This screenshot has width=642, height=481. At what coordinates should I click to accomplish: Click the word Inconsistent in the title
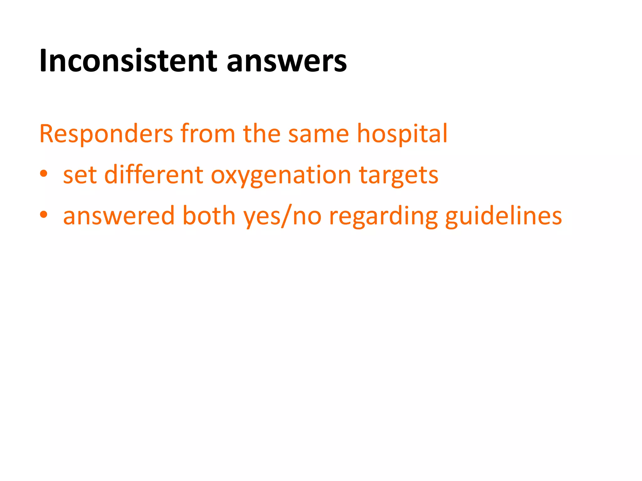point(128,61)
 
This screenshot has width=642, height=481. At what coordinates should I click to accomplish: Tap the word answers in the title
point(287,61)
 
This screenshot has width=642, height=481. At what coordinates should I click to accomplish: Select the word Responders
point(106,134)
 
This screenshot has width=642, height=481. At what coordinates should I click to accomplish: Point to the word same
point(318,134)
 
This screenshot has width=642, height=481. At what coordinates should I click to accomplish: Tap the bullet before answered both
point(44,215)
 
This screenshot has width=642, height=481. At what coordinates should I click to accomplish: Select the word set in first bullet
point(80,175)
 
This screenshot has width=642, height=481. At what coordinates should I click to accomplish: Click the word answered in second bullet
point(118,216)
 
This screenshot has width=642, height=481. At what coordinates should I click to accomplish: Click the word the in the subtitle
point(261,134)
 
